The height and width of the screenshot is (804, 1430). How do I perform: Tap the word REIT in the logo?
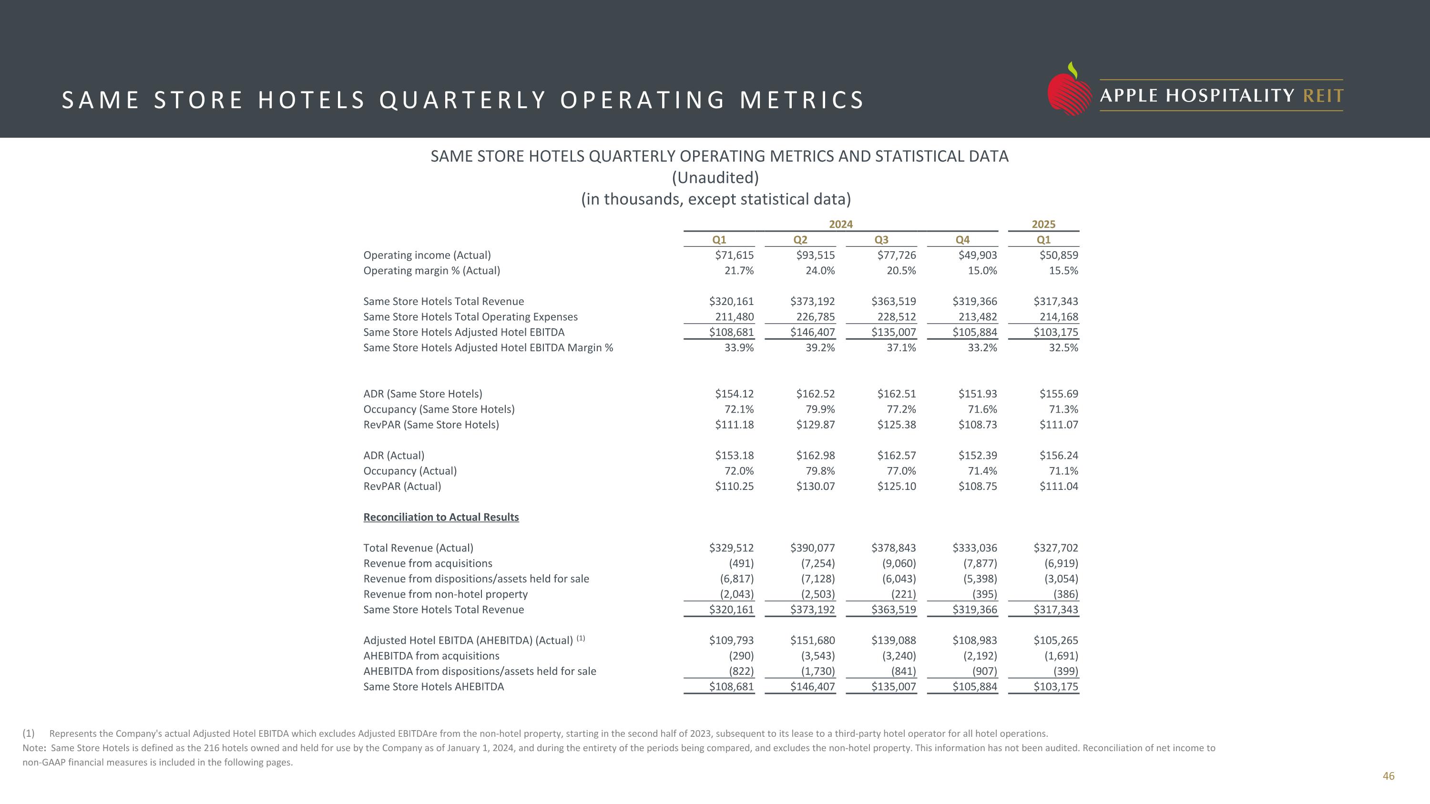point(1323,96)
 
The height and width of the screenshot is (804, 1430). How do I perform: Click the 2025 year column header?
point(1043,224)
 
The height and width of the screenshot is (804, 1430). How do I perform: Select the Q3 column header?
point(881,240)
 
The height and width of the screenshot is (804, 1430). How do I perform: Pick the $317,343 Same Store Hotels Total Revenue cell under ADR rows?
point(1055,609)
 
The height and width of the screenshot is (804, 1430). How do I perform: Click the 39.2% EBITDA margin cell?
point(820,348)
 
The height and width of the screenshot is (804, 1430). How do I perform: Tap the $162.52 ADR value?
point(815,394)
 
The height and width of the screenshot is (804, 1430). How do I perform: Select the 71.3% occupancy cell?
point(1063,409)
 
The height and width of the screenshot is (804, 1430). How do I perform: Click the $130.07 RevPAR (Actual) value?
point(815,487)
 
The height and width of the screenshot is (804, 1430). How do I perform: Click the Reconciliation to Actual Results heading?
point(441,517)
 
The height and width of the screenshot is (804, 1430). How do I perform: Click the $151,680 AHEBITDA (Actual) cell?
point(812,641)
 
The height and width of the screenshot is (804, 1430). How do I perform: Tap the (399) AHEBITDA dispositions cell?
point(1065,672)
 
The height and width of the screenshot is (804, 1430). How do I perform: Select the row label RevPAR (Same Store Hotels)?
point(431,425)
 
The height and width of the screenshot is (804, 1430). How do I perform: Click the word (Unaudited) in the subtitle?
point(715,178)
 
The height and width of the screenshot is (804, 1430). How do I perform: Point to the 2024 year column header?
point(840,224)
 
